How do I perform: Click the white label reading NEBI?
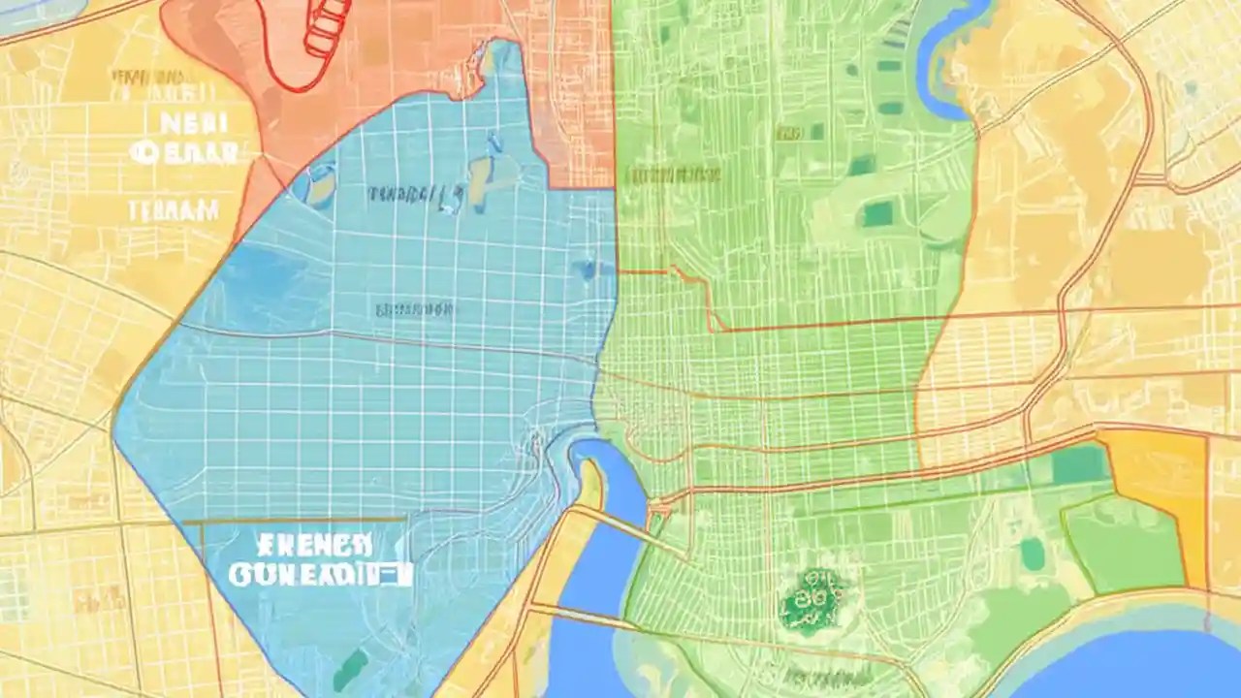tap(192, 122)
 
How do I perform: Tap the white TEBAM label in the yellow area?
tap(175, 208)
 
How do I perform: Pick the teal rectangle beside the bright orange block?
tap(1079, 464)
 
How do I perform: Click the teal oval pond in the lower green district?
tap(1032, 554)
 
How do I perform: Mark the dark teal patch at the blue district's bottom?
tap(351, 669)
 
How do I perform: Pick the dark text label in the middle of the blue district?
tap(415, 310)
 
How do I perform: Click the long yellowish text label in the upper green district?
tap(674, 175)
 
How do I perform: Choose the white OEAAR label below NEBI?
tap(184, 152)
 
